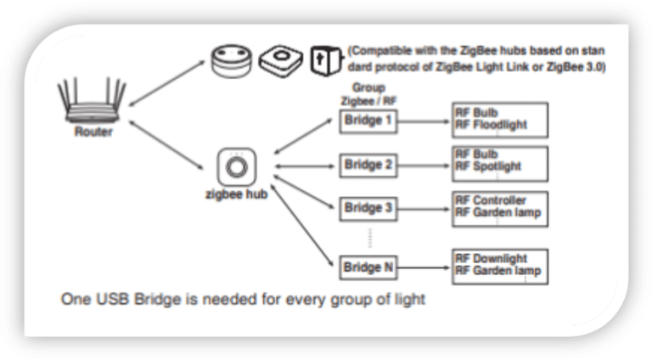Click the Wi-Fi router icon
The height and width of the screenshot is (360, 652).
92,102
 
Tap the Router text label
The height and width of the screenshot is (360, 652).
92,132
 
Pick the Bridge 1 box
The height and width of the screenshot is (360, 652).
368,121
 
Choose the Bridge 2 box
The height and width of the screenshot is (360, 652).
368,164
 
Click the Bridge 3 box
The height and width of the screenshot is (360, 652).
368,207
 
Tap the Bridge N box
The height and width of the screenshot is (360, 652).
368,268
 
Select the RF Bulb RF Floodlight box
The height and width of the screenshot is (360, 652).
500,120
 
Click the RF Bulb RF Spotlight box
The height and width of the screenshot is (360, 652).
500,161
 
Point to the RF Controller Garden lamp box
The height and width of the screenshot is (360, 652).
500,208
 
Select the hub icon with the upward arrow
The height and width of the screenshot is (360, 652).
323,59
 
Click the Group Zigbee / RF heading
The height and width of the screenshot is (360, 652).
368,94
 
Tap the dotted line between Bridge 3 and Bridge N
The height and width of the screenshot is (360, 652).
368,238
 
